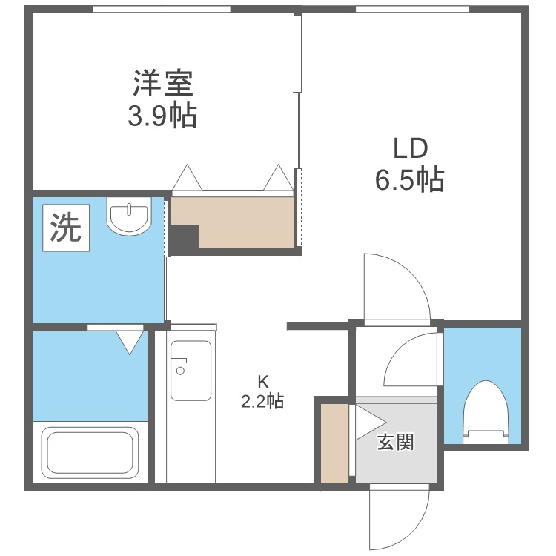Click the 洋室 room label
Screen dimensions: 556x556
tap(163, 83)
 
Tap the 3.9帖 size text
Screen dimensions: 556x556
tap(162, 115)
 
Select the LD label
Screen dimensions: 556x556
tap(411, 148)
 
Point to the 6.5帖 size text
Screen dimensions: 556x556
tap(409, 180)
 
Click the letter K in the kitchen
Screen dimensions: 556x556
tap(262, 382)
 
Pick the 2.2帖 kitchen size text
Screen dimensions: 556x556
tap(262, 401)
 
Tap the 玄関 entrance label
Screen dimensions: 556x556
tap(395, 442)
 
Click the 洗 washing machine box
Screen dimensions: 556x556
tap(66, 228)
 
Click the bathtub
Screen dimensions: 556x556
tap(90, 450)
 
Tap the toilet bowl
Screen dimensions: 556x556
tap(486, 412)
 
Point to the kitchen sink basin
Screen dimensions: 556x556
tap(191, 371)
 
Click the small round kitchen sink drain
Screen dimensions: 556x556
tap(180, 371)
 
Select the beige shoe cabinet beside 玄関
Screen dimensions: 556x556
tap(335, 443)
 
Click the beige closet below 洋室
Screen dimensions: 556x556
tap(233, 222)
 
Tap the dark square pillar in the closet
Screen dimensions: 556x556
tap(185, 237)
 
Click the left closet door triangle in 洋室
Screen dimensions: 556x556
tap(187, 177)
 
